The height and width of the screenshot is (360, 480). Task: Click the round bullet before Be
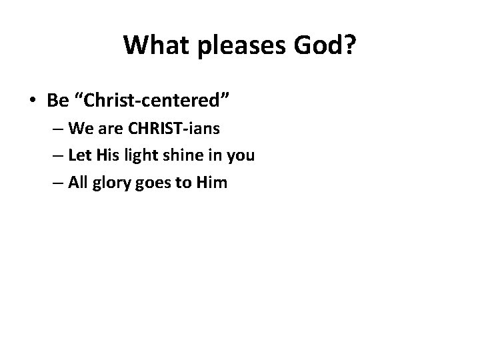(x=33, y=100)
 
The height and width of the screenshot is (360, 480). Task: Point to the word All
(x=77, y=182)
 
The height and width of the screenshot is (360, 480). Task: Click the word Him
(x=212, y=182)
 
